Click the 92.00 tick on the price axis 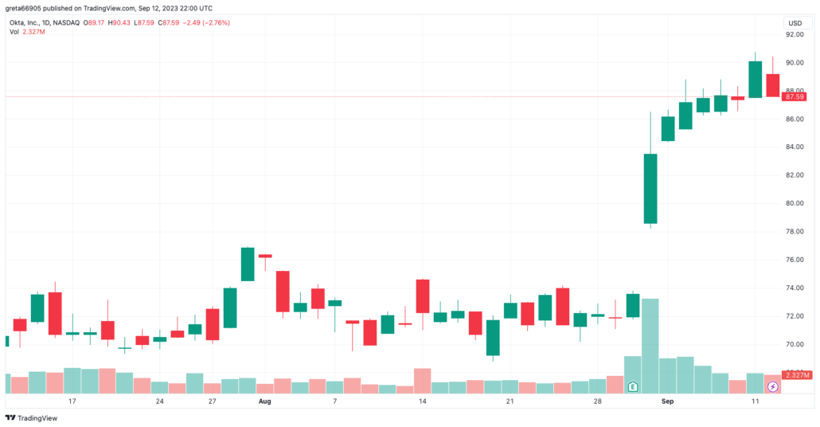click(794, 35)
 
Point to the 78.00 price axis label click(794, 232)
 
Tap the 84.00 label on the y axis click(794, 147)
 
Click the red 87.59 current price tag click(795, 96)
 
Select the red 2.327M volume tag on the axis click(796, 374)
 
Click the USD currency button click(795, 23)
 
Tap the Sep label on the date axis click(667, 402)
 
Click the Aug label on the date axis click(265, 402)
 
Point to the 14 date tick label click(423, 402)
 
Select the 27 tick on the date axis click(213, 402)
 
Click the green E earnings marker click(633, 386)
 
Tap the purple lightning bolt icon click(772, 386)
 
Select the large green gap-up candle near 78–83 click(650, 189)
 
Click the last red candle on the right click(772, 85)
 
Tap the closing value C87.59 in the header click(170, 22)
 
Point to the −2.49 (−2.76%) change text click(207, 22)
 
